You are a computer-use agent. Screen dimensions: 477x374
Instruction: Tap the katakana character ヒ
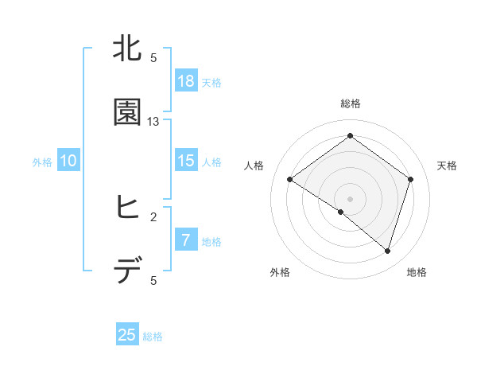(128, 208)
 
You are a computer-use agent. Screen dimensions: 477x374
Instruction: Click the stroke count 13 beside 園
(153, 122)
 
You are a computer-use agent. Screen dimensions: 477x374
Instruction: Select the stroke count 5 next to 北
(153, 58)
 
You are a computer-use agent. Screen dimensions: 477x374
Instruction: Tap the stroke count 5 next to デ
(153, 280)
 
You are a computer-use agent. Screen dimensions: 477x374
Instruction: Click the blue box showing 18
(186, 81)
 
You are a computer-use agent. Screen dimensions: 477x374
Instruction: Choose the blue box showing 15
(186, 161)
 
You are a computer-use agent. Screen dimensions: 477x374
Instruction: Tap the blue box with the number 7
(186, 240)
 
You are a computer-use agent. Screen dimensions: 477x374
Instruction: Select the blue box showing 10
(68, 161)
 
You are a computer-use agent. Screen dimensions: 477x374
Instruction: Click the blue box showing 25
(127, 335)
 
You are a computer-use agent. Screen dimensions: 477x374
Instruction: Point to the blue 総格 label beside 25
(153, 337)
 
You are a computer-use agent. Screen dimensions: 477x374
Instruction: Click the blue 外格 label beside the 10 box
(42, 162)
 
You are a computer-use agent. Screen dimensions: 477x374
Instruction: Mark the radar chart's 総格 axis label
(350, 103)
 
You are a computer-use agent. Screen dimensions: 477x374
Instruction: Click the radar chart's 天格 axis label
(447, 166)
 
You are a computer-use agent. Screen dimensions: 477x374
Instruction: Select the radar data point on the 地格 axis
(387, 251)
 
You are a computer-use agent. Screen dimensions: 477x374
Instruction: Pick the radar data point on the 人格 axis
(289, 180)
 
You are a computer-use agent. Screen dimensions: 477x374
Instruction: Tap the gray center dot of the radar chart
(350, 197)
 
